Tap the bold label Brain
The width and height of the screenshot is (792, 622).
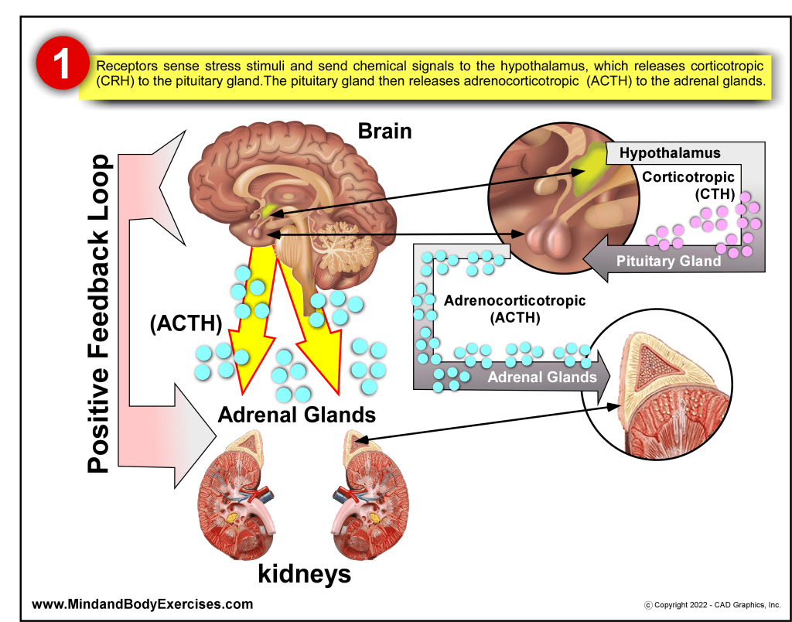[x=384, y=131]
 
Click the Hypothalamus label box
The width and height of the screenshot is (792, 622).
[x=670, y=153]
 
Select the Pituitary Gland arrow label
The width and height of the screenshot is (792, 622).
[x=668, y=261]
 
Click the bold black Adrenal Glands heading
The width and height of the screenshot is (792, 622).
[x=297, y=415]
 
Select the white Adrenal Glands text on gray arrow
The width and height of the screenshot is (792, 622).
[x=541, y=377]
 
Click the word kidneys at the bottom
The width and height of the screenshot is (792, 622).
[x=304, y=574]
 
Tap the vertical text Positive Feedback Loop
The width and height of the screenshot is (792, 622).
[x=99, y=313]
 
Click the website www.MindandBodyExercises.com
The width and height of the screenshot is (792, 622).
[x=142, y=603]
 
